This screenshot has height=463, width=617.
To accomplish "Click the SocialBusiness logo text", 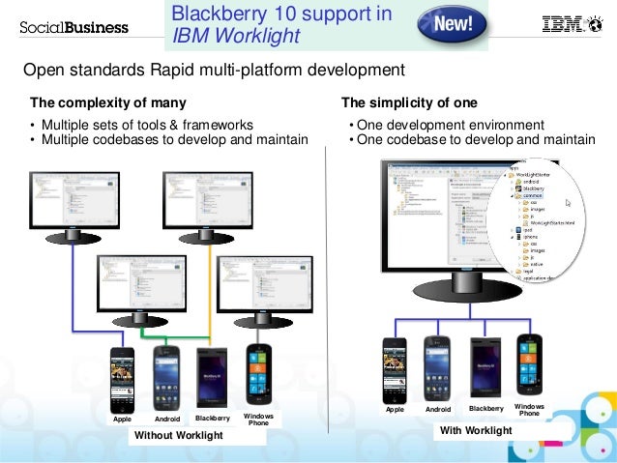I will click(x=73, y=26).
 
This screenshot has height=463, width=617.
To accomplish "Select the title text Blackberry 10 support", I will click(x=281, y=14).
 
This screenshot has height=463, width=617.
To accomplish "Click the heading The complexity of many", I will click(x=108, y=102).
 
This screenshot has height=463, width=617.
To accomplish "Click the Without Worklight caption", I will click(x=178, y=436).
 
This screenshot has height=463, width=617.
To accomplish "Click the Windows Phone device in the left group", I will click(x=259, y=373).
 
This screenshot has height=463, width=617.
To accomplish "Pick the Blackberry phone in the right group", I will click(x=485, y=367).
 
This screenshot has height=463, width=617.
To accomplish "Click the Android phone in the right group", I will click(x=439, y=367).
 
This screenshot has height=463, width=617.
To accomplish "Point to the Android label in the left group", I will click(x=169, y=420).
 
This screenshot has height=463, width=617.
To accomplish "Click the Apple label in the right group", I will click(x=395, y=410).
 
